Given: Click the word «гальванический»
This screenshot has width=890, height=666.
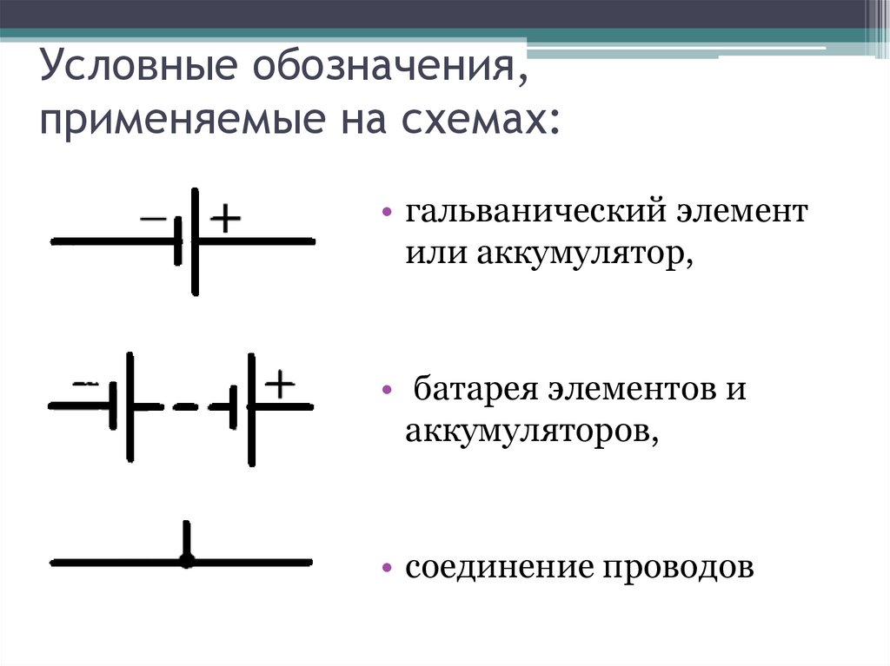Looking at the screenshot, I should coord(536,214).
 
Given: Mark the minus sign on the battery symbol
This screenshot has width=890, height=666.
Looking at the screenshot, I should coord(85,383).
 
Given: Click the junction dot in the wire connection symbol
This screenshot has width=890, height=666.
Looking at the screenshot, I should coord(185,561).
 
